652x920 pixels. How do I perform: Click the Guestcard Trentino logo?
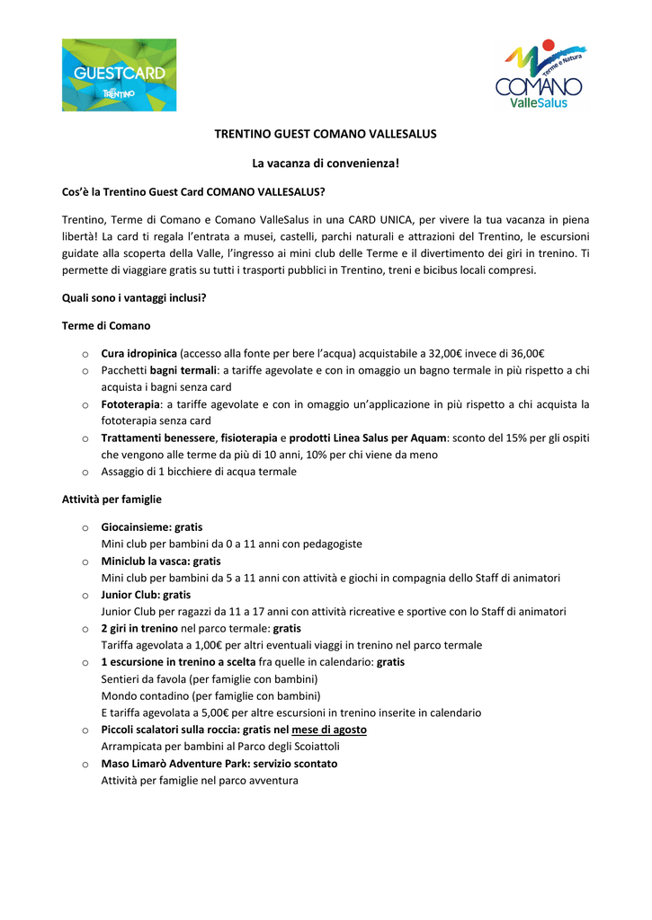(x=119, y=75)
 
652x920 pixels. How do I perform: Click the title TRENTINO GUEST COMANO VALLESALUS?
(x=326, y=134)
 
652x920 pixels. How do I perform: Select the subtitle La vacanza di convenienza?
(x=326, y=164)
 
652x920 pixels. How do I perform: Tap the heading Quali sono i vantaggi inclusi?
(x=134, y=297)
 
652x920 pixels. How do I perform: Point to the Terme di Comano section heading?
(x=106, y=325)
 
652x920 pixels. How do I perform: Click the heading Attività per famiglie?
(x=112, y=499)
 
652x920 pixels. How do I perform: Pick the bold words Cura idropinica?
(x=139, y=353)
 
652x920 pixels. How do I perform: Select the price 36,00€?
(x=527, y=353)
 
